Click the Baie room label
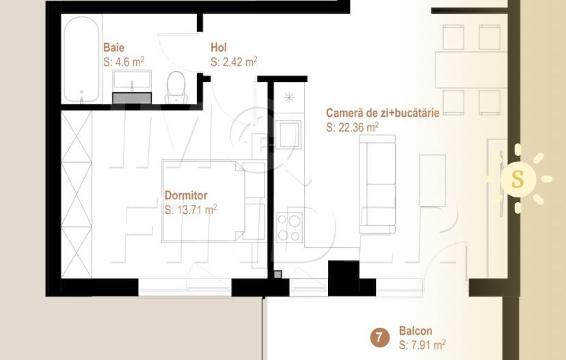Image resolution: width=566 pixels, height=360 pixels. point(113,48)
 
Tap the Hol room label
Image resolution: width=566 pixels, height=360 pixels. point(219,48)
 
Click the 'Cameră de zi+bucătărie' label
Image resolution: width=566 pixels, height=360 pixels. point(382,113)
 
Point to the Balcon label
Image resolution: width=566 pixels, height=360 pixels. point(415,331)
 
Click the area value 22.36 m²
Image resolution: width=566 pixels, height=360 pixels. point(353,127)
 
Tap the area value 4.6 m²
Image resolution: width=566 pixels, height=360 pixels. point(124,61)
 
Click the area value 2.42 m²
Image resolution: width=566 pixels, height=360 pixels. point(234,61)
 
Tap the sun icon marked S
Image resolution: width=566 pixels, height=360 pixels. point(518,179)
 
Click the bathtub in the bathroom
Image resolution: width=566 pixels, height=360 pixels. point(81,61)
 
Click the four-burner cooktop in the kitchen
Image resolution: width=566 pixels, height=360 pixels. point(289,227)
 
